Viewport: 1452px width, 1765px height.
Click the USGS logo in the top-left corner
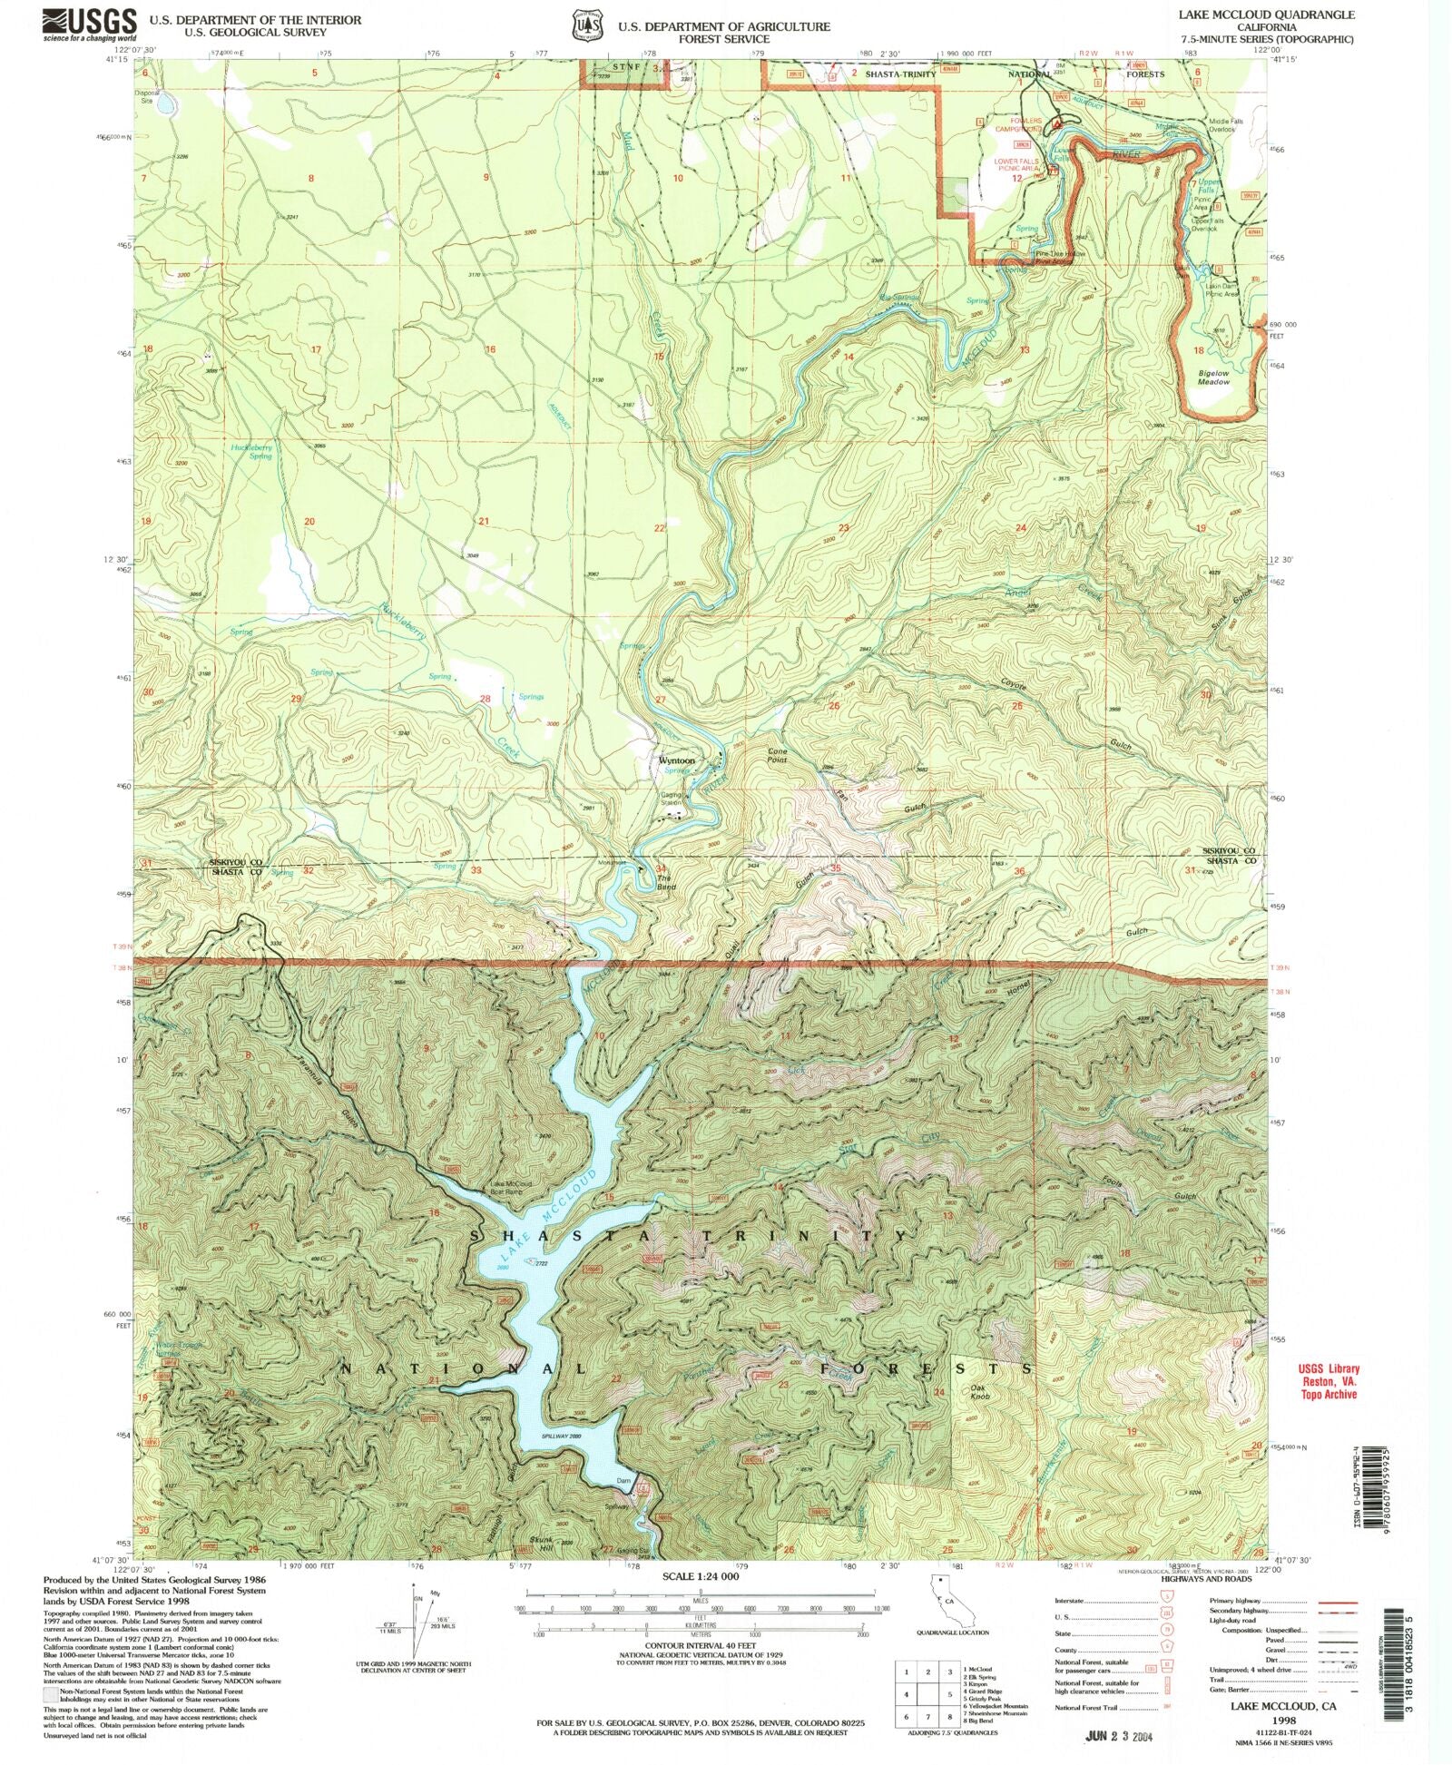tap(90, 25)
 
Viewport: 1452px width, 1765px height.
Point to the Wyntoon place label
tap(676, 760)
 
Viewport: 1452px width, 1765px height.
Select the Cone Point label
tap(778, 756)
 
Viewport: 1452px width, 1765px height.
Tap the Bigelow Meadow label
tap(1213, 378)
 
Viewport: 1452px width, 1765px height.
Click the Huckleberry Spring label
tap(250, 451)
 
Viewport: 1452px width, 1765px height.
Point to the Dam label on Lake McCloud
tap(623, 1482)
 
